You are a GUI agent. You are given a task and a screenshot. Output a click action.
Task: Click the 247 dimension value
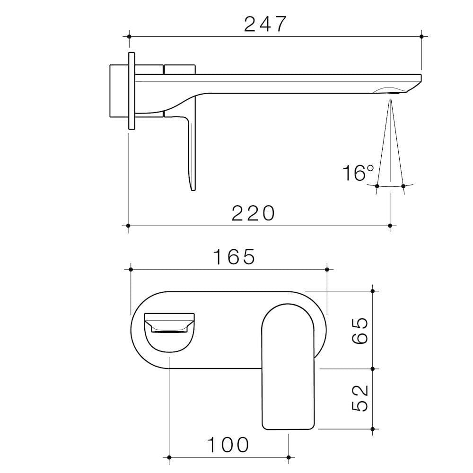point(265,24)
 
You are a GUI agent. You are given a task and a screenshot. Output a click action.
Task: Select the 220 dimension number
point(253,214)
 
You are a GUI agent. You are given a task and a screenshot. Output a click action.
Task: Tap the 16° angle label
point(358,173)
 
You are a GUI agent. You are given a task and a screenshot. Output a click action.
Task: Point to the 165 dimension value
point(234,257)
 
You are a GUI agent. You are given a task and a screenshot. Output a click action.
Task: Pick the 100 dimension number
point(228,445)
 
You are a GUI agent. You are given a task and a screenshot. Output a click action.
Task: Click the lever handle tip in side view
point(193,187)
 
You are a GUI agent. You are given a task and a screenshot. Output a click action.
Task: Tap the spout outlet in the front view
point(169,329)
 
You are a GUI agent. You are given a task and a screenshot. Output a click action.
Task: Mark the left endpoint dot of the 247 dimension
point(129,36)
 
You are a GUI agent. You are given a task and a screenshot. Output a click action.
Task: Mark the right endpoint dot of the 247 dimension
point(421,36)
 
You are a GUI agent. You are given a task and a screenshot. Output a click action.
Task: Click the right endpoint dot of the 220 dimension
point(390,226)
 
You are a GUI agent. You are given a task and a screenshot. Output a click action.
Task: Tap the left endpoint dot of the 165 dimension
point(131,269)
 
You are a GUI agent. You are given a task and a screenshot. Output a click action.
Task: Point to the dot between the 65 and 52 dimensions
point(373,368)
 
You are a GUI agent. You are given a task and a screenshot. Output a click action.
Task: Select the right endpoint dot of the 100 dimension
point(289,457)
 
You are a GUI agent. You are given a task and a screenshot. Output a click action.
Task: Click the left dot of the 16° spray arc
point(377,186)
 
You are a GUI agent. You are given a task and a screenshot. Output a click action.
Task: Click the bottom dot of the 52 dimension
point(373,429)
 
